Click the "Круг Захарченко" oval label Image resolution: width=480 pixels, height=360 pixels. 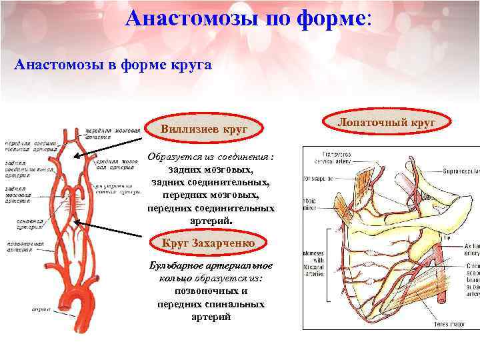[209, 243]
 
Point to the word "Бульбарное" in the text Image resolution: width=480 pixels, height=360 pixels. [176, 266]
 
